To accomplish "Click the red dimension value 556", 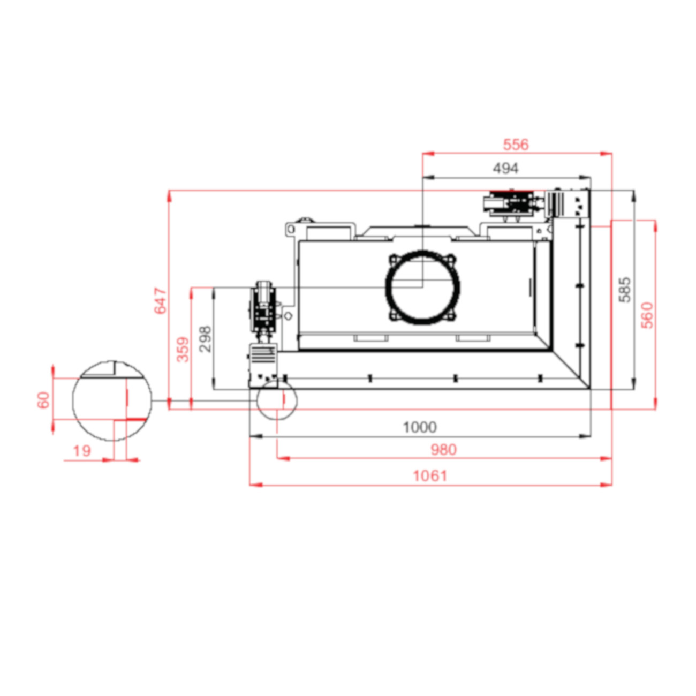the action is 516,145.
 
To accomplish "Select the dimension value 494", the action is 505,168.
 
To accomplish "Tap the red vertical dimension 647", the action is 161,300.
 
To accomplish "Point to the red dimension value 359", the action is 183,349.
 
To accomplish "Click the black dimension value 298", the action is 205,339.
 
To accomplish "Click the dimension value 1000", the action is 420,427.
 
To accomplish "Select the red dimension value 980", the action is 443,450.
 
